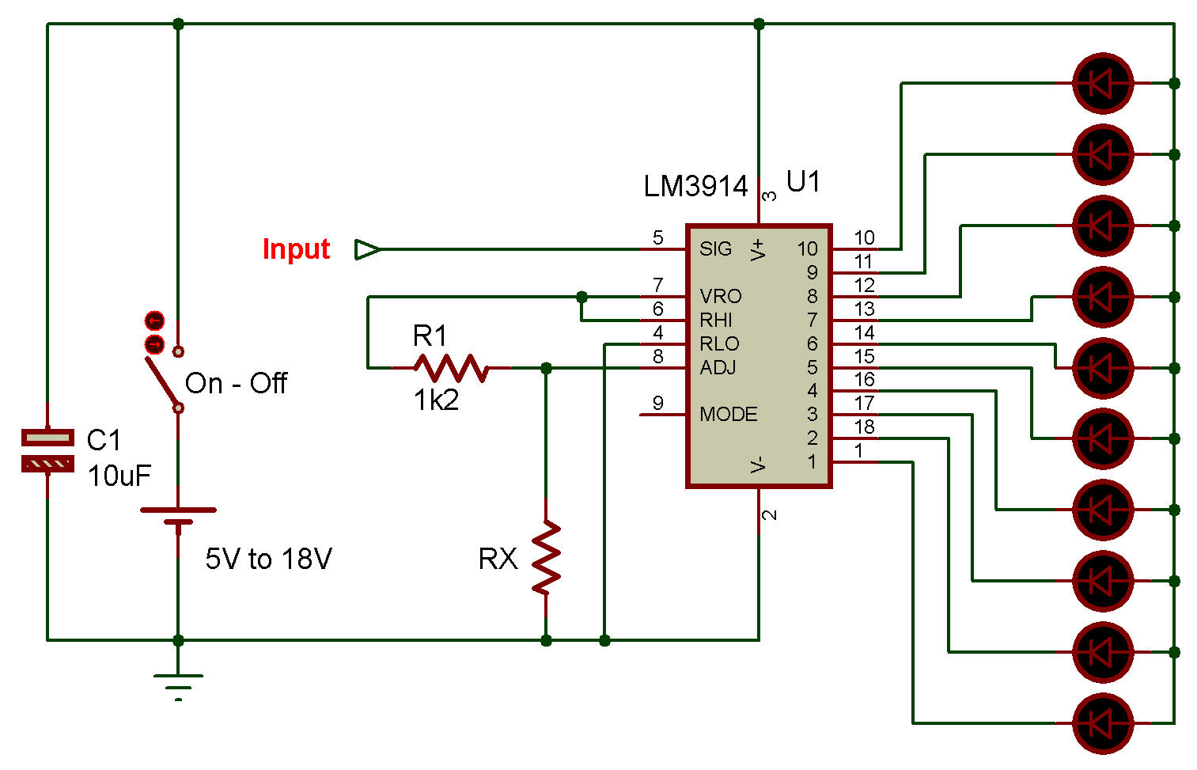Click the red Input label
pos(296,249)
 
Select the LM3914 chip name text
pos(695,187)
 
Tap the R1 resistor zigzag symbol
pos(451,368)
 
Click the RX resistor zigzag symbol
pos(546,557)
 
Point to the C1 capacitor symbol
pos(47,450)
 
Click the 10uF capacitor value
pos(119,476)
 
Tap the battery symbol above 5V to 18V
pos(178,516)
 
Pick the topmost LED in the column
pos(1102,83)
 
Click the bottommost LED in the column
pos(1102,723)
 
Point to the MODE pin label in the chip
pos(728,415)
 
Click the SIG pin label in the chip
pos(715,249)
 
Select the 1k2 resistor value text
pos(436,401)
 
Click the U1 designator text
pos(803,182)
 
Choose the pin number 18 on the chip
pos(864,427)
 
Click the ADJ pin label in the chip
pos(718,368)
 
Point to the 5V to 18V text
pos(268,559)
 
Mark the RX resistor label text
pos(498,559)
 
